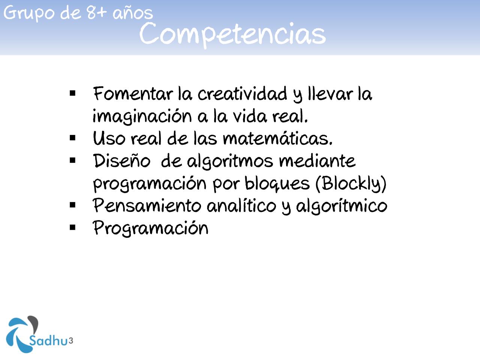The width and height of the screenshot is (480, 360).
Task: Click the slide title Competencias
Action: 232,34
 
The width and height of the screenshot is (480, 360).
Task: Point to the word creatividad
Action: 242,94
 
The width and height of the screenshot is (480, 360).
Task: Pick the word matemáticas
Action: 277,138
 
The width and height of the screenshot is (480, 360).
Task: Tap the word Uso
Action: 109,138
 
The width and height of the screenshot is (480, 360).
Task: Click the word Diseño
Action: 121,161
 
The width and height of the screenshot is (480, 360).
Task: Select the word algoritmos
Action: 230,162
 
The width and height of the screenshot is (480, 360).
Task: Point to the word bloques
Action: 277,183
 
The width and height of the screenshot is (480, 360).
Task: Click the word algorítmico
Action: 341,205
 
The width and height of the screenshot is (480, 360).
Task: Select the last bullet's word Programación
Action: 150,228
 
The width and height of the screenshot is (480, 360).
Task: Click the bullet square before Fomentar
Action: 73,93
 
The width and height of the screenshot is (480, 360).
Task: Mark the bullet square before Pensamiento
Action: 73,205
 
